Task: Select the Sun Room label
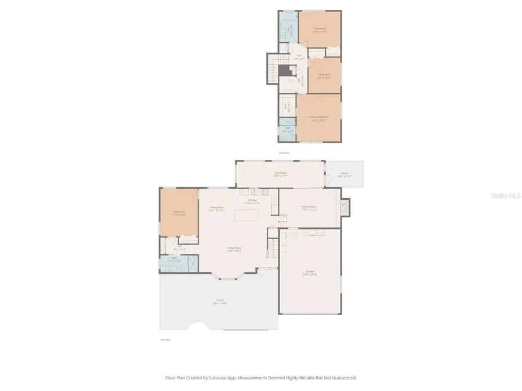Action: point(281,173)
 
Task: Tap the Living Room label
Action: point(234,249)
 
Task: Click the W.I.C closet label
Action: point(287,106)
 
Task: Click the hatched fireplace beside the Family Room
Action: point(345,207)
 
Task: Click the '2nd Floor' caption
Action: point(284,153)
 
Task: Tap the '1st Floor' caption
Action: point(165,339)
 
